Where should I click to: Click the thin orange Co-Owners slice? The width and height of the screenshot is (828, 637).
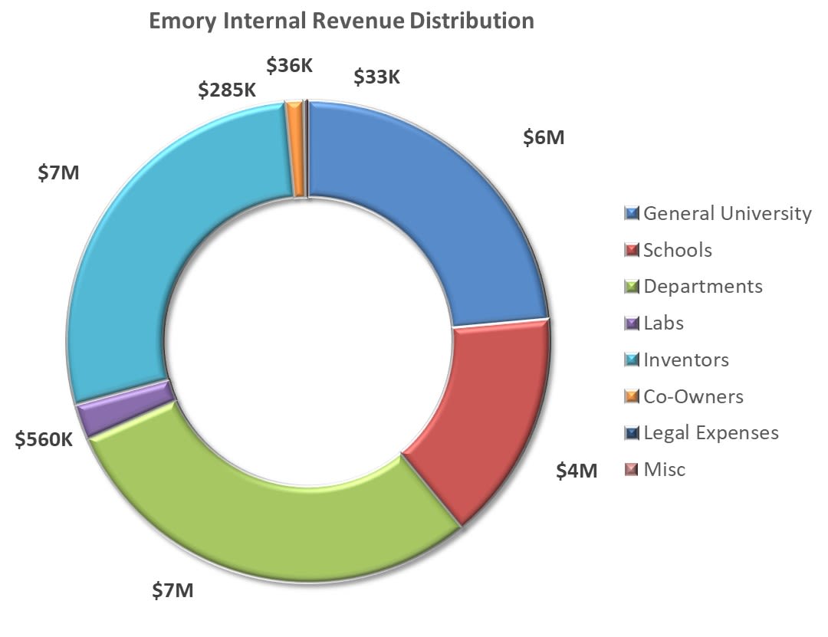pyautogui.click(x=294, y=149)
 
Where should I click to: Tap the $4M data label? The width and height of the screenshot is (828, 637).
pyautogui.click(x=576, y=470)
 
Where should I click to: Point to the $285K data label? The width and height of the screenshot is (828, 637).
pyautogui.click(x=227, y=90)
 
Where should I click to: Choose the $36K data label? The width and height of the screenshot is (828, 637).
pyautogui.click(x=290, y=65)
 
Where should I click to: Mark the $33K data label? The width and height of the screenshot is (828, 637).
pyautogui.click(x=377, y=77)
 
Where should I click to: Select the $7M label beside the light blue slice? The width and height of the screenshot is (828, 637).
pyautogui.click(x=58, y=172)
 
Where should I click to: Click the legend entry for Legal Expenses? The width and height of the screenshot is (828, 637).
pyautogui.click(x=710, y=432)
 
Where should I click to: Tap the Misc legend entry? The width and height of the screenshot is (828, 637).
pyautogui.click(x=664, y=469)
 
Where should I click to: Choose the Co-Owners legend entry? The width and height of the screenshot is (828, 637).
pyautogui.click(x=692, y=396)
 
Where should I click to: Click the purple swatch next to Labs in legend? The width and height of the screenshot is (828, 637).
pyautogui.click(x=632, y=323)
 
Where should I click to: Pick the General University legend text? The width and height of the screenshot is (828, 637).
pyautogui.click(x=726, y=213)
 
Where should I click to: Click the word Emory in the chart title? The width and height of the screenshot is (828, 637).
pyautogui.click(x=182, y=21)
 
